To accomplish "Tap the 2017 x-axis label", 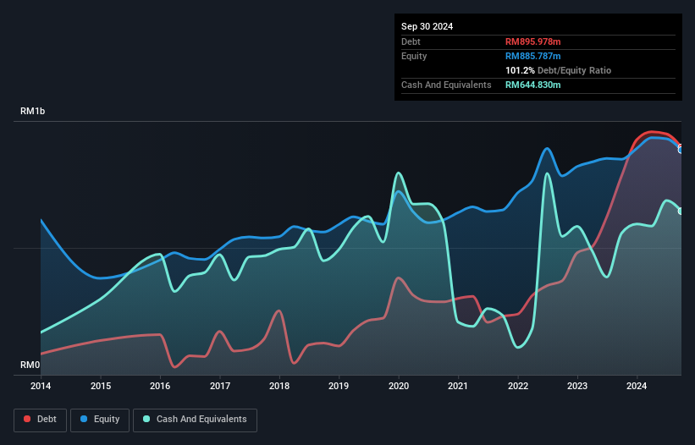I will click(x=220, y=387).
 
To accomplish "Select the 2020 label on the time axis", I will click(x=399, y=387).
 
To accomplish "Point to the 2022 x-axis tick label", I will click(x=518, y=387).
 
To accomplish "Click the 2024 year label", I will click(x=637, y=387).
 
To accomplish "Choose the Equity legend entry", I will click(x=100, y=420).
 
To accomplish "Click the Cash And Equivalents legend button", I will click(x=195, y=420).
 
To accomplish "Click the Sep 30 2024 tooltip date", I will click(x=427, y=26).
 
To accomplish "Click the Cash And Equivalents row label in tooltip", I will click(x=446, y=85).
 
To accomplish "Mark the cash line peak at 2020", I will click(x=398, y=173).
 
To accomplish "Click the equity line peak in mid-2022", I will click(x=548, y=149).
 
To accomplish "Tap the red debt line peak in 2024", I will click(x=651, y=132).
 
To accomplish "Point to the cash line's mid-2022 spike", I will click(x=548, y=174).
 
